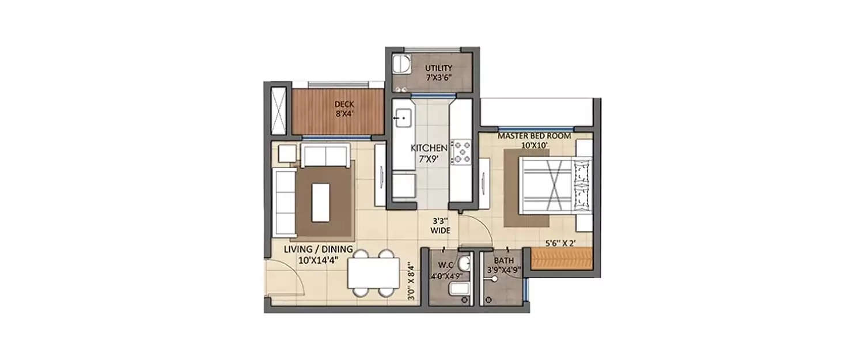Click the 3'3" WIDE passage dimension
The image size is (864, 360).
(441, 225)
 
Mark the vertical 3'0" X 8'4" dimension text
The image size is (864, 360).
(410, 282)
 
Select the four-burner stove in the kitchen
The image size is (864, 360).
(462, 151)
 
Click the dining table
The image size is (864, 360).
(373, 272)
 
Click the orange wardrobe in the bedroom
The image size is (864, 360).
(561, 259)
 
